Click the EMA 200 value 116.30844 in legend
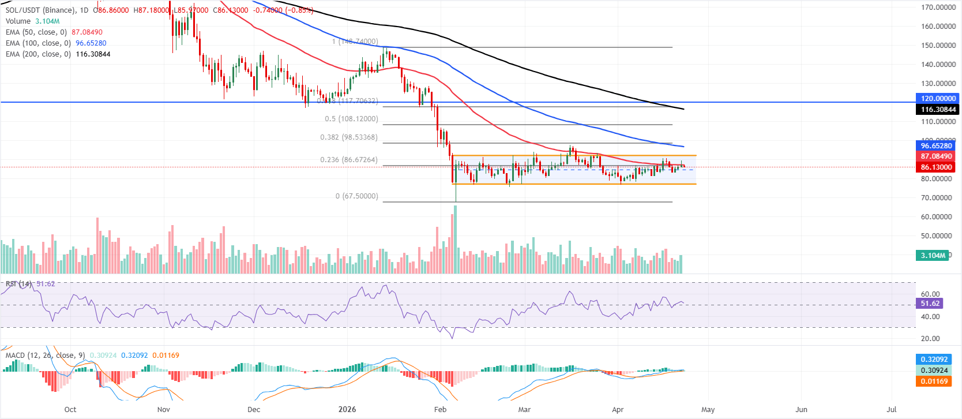93,54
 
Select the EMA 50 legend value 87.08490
87,32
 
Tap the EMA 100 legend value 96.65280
91,43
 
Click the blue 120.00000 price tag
937,99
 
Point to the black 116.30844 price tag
937,110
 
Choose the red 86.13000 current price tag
937,167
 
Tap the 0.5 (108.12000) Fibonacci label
351,119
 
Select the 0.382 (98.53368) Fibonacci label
349,137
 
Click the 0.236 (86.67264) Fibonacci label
349,160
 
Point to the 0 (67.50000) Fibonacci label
357,196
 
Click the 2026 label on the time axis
347,410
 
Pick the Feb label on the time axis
440,410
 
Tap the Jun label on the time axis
801,410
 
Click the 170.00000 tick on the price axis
938,8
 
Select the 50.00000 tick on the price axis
938,236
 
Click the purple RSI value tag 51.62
930,304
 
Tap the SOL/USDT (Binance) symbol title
40,10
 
